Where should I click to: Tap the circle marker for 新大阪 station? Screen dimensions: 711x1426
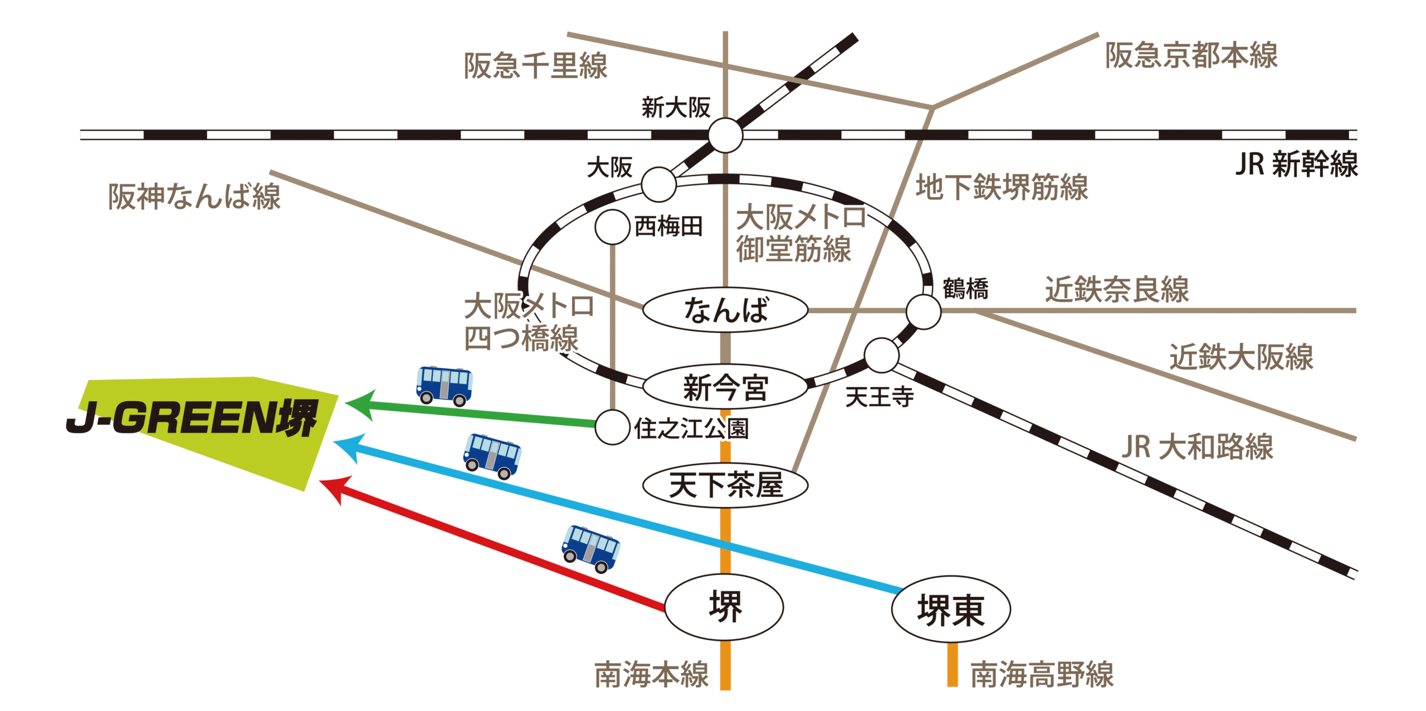click(725, 135)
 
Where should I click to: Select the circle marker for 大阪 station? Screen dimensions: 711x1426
click(658, 184)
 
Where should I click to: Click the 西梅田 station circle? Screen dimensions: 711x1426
click(612, 227)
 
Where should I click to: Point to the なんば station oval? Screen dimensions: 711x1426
click(725, 310)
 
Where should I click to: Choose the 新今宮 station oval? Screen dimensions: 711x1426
click(725, 387)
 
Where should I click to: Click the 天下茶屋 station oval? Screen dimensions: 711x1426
click(725, 485)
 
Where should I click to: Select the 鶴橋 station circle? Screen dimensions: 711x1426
click(923, 311)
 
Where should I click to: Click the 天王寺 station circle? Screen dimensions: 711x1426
click(881, 355)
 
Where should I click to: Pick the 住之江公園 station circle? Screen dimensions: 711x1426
click(612, 427)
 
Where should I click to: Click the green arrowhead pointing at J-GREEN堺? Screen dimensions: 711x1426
click(360, 404)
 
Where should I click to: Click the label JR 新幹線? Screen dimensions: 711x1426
click(1296, 164)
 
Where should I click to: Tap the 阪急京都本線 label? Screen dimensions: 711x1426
click(1191, 56)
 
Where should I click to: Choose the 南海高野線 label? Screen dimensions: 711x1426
click(1042, 675)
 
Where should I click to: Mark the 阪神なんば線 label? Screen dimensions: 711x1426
click(194, 197)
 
